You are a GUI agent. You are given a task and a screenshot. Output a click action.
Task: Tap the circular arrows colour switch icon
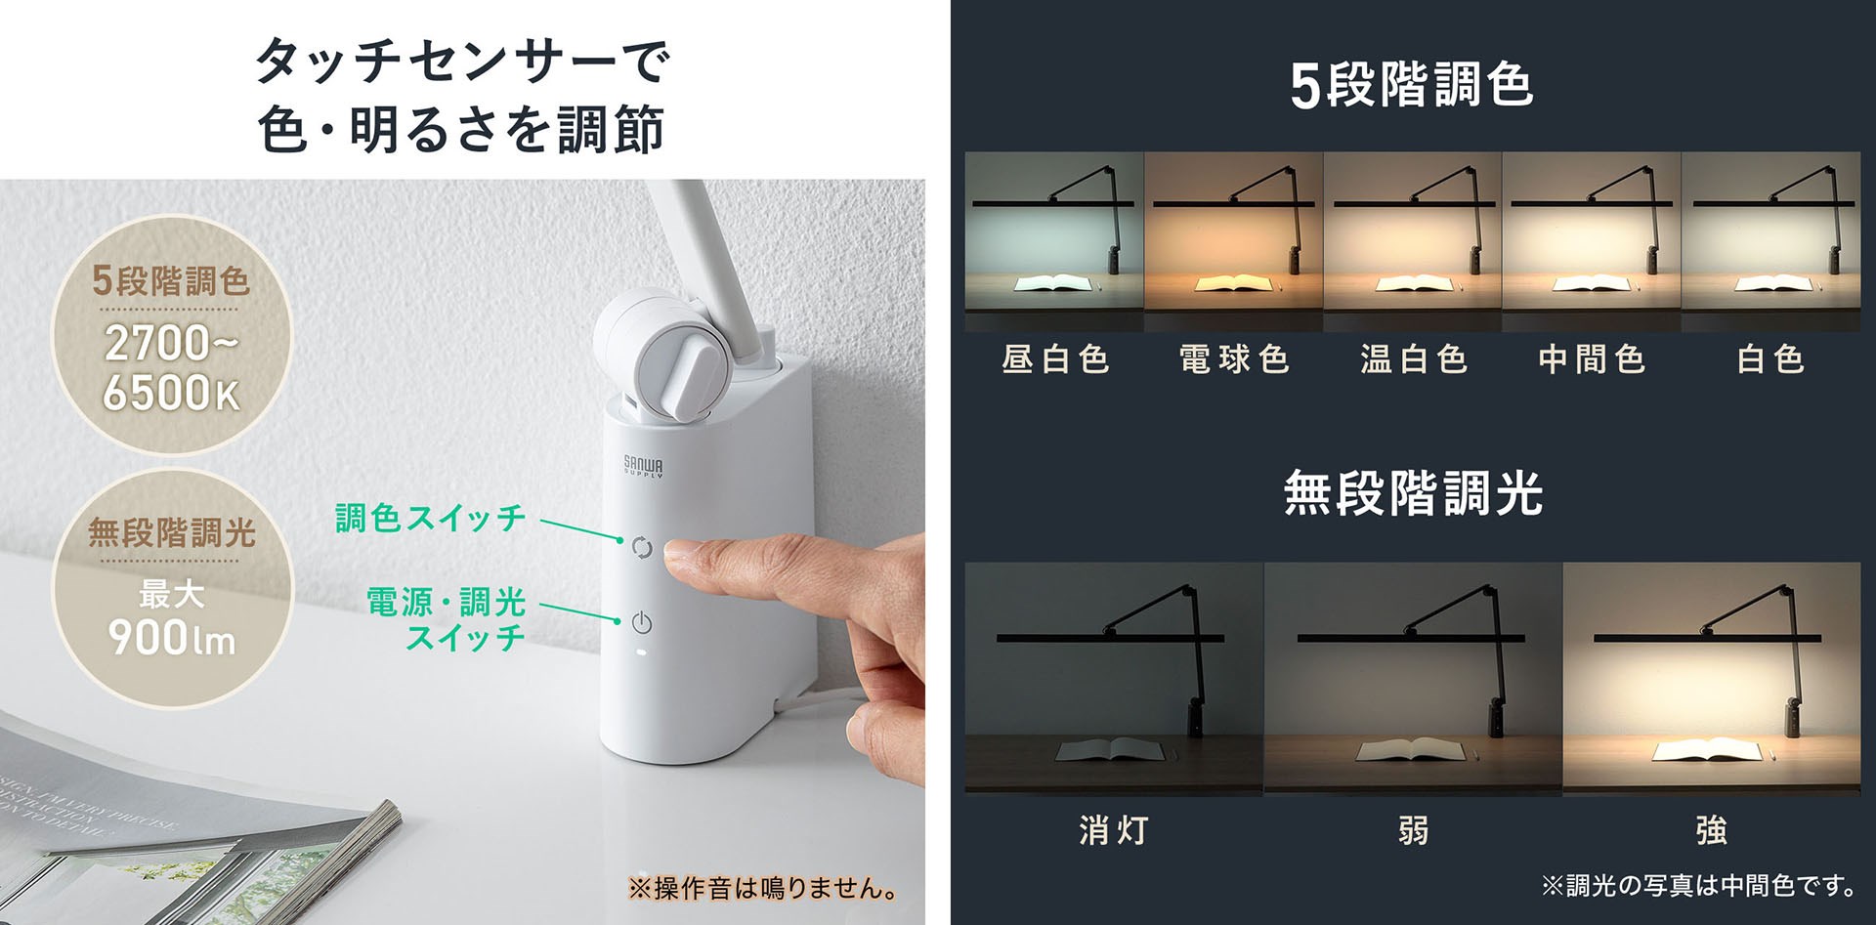click(642, 548)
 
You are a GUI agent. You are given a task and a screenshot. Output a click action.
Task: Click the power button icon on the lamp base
click(641, 622)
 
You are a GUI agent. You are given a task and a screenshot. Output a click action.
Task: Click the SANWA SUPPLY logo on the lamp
click(643, 466)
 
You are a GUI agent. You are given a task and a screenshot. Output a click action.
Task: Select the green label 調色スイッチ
click(431, 518)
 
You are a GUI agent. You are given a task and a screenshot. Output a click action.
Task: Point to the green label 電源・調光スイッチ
click(447, 618)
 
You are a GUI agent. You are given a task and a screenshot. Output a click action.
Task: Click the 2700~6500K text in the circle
click(171, 368)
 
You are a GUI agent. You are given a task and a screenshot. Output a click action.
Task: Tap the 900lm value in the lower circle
click(172, 637)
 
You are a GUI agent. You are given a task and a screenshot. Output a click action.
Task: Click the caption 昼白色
click(1055, 359)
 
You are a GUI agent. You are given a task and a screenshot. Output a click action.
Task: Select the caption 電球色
click(1234, 359)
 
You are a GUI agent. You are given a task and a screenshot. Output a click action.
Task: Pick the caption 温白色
click(1414, 359)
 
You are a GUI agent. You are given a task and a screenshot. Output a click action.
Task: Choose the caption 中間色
click(1592, 359)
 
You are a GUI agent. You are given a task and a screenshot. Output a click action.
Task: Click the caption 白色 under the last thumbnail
click(1770, 359)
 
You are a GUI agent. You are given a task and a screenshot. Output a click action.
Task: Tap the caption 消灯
click(1114, 830)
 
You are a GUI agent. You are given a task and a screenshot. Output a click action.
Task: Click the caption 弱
click(1414, 830)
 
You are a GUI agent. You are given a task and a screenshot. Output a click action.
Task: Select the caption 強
click(1712, 830)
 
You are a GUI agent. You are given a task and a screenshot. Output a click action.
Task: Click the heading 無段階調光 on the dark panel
click(1413, 493)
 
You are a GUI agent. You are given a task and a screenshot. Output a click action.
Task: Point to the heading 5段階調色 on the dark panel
click(1412, 85)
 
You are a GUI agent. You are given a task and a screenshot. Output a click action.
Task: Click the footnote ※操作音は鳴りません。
click(763, 889)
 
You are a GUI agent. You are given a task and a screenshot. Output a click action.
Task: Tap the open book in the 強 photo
click(1706, 751)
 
